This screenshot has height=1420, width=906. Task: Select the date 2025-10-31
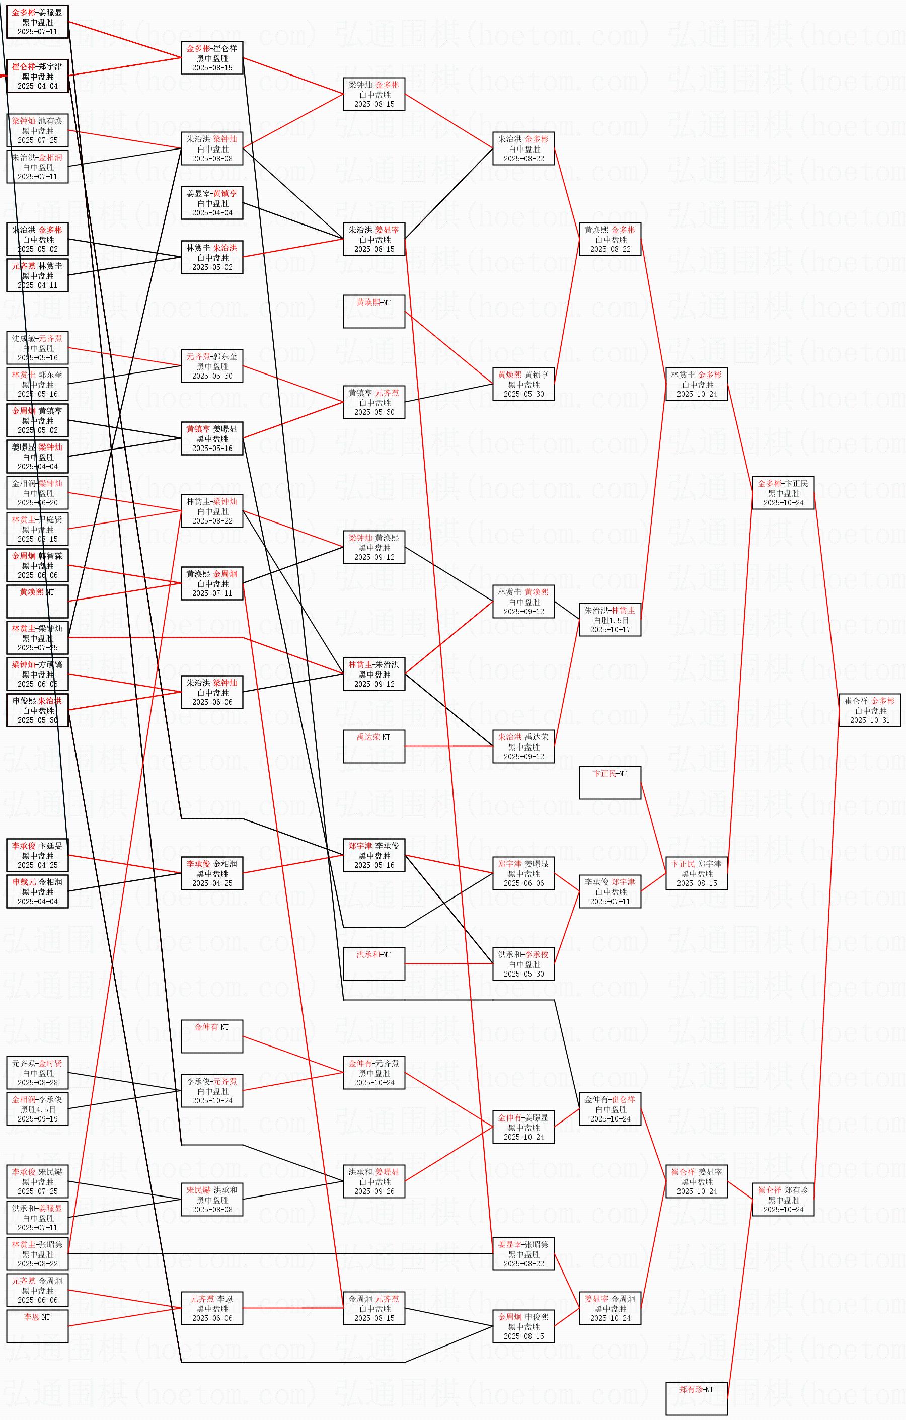(x=869, y=720)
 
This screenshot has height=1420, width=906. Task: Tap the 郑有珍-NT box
(x=696, y=1398)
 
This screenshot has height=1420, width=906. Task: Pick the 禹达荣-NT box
(x=374, y=746)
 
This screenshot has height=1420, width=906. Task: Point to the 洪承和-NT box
(x=374, y=963)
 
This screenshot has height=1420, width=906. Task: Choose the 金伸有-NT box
(x=212, y=1036)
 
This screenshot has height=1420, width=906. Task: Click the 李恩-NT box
(x=37, y=1326)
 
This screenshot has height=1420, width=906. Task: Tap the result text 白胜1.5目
(x=611, y=620)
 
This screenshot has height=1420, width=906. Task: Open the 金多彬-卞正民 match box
(x=783, y=492)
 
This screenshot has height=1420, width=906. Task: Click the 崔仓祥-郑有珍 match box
(x=783, y=1200)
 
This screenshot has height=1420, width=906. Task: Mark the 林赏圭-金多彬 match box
(x=696, y=384)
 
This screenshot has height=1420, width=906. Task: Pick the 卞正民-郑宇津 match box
(x=696, y=873)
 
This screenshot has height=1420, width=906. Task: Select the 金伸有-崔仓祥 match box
(x=610, y=1108)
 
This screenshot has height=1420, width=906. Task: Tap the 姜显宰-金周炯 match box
(x=610, y=1308)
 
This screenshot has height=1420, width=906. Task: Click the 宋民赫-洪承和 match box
(x=212, y=1200)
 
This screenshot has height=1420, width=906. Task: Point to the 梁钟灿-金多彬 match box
(x=374, y=94)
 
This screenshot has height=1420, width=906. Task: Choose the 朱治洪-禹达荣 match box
(x=523, y=746)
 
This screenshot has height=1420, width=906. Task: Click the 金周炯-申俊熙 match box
(x=523, y=1326)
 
